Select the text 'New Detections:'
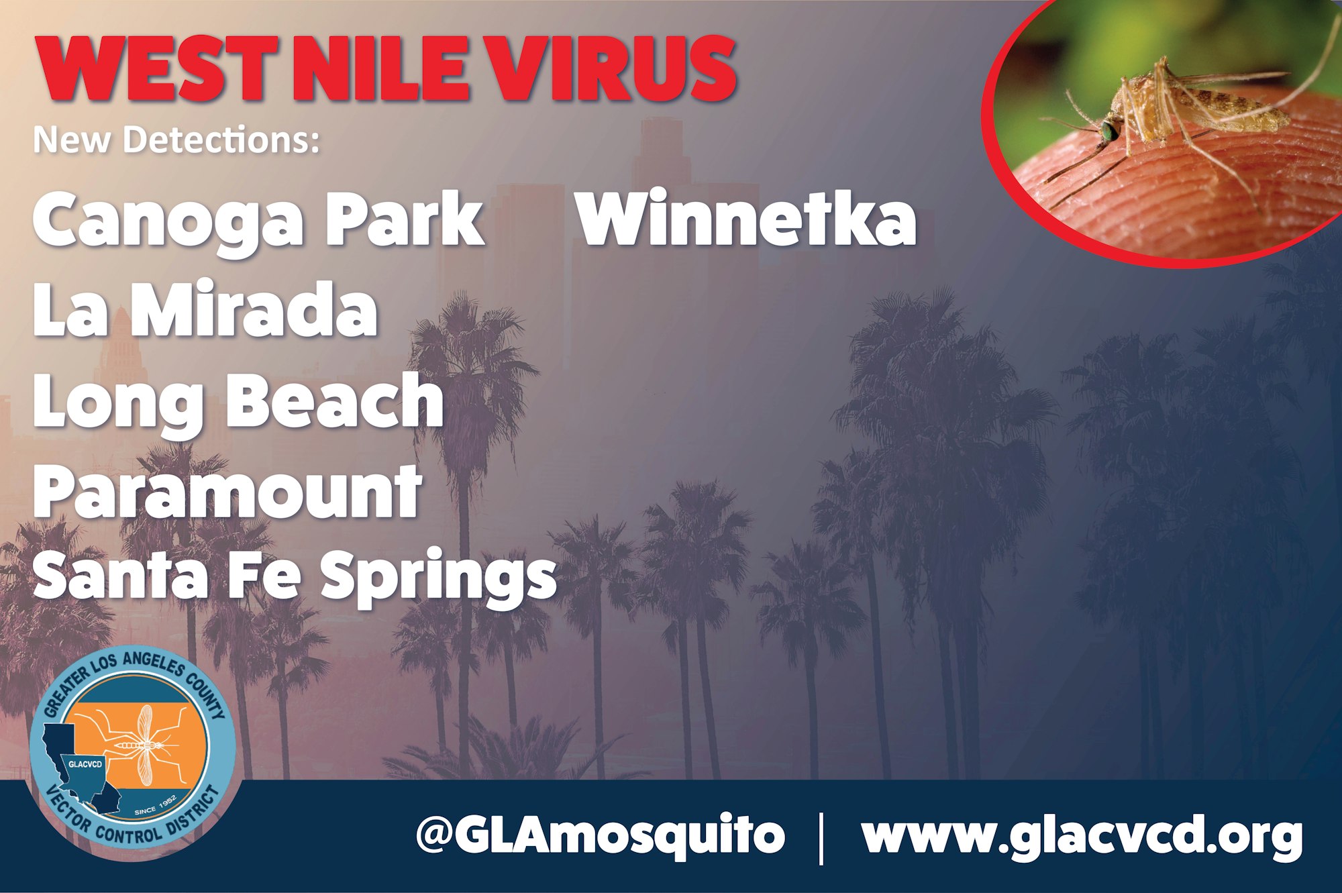(176, 140)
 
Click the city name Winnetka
(747, 218)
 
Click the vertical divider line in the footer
(822, 837)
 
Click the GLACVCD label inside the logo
(85, 764)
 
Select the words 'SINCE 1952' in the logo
(155, 805)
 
